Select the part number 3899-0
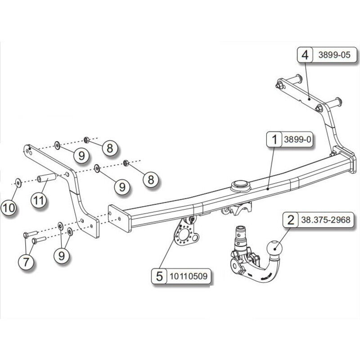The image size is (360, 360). point(297,140)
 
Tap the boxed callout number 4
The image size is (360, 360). point(305,55)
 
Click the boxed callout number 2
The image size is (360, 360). point(290,220)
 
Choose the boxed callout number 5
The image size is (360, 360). point(159,276)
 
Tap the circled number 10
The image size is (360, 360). point(9,207)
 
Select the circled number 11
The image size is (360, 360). point(39,200)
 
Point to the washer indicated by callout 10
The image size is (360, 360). point(18,182)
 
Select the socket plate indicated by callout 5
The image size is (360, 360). point(184,234)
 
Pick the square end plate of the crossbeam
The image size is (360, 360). point(119,219)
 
